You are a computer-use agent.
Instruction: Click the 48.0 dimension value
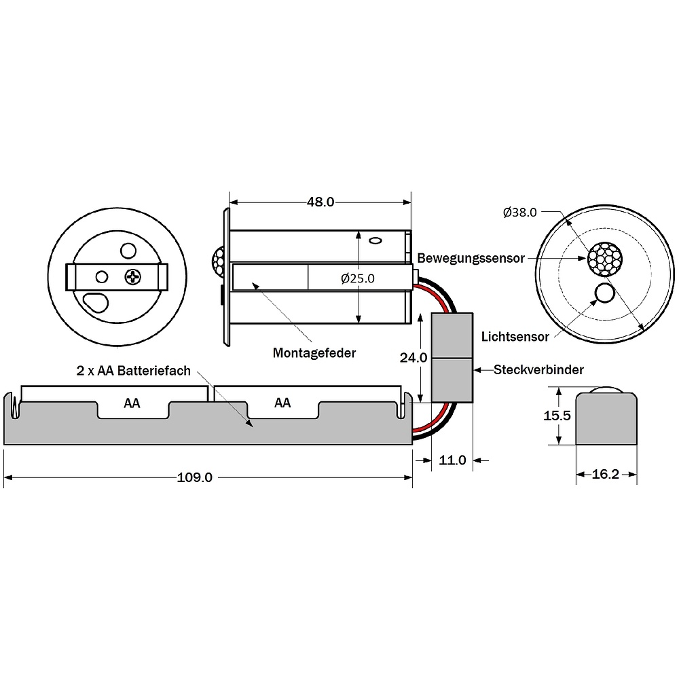pyautogui.click(x=320, y=202)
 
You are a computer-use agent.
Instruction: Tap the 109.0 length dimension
pyautogui.click(x=194, y=477)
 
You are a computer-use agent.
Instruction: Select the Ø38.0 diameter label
pyautogui.click(x=519, y=212)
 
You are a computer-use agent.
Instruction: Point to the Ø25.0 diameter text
pyautogui.click(x=358, y=278)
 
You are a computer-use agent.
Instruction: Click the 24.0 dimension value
pyautogui.click(x=413, y=358)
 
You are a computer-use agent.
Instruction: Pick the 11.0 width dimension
pyautogui.click(x=452, y=460)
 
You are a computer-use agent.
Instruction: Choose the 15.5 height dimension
pyautogui.click(x=557, y=416)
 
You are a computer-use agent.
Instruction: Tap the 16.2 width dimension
pyautogui.click(x=606, y=474)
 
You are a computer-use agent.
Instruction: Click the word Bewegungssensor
pyautogui.click(x=471, y=258)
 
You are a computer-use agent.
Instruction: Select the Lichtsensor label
pyautogui.click(x=515, y=337)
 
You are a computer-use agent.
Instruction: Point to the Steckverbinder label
pyautogui.click(x=538, y=369)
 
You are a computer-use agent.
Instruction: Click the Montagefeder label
pyautogui.click(x=314, y=353)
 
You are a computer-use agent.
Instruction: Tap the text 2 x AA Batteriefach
pyautogui.click(x=133, y=371)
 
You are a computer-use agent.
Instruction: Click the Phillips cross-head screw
pyautogui.click(x=132, y=277)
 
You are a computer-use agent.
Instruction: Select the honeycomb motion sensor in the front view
pyautogui.click(x=604, y=259)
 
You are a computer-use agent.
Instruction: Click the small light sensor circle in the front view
pyautogui.click(x=604, y=293)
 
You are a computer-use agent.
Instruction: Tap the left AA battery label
pyautogui.click(x=132, y=403)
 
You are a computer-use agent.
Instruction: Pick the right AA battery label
pyautogui.click(x=282, y=403)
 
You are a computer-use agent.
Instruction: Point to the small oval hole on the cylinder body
pyautogui.click(x=375, y=240)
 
